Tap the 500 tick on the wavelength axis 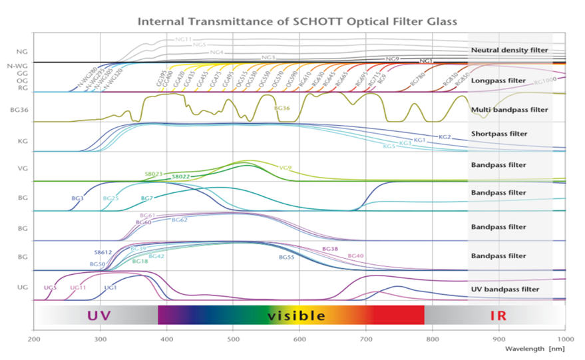[233, 337]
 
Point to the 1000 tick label [565, 337]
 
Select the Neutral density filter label [508, 50]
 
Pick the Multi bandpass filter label [509, 108]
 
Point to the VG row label [21, 169]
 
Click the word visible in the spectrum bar [296, 315]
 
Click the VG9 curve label [286, 168]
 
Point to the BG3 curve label [77, 198]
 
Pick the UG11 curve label [78, 287]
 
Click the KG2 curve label [445, 137]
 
